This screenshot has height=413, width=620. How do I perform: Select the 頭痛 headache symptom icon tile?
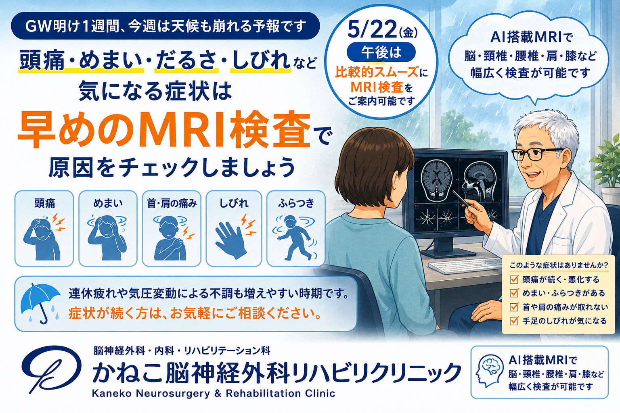(x=44, y=229)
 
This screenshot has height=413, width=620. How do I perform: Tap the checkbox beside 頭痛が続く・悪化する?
(x=514, y=280)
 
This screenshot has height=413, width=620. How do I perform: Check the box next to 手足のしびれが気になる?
(x=514, y=321)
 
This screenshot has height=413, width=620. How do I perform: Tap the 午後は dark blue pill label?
(x=381, y=52)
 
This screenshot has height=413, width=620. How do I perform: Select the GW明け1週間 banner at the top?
(x=165, y=26)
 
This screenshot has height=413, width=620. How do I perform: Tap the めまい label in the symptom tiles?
(x=108, y=203)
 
